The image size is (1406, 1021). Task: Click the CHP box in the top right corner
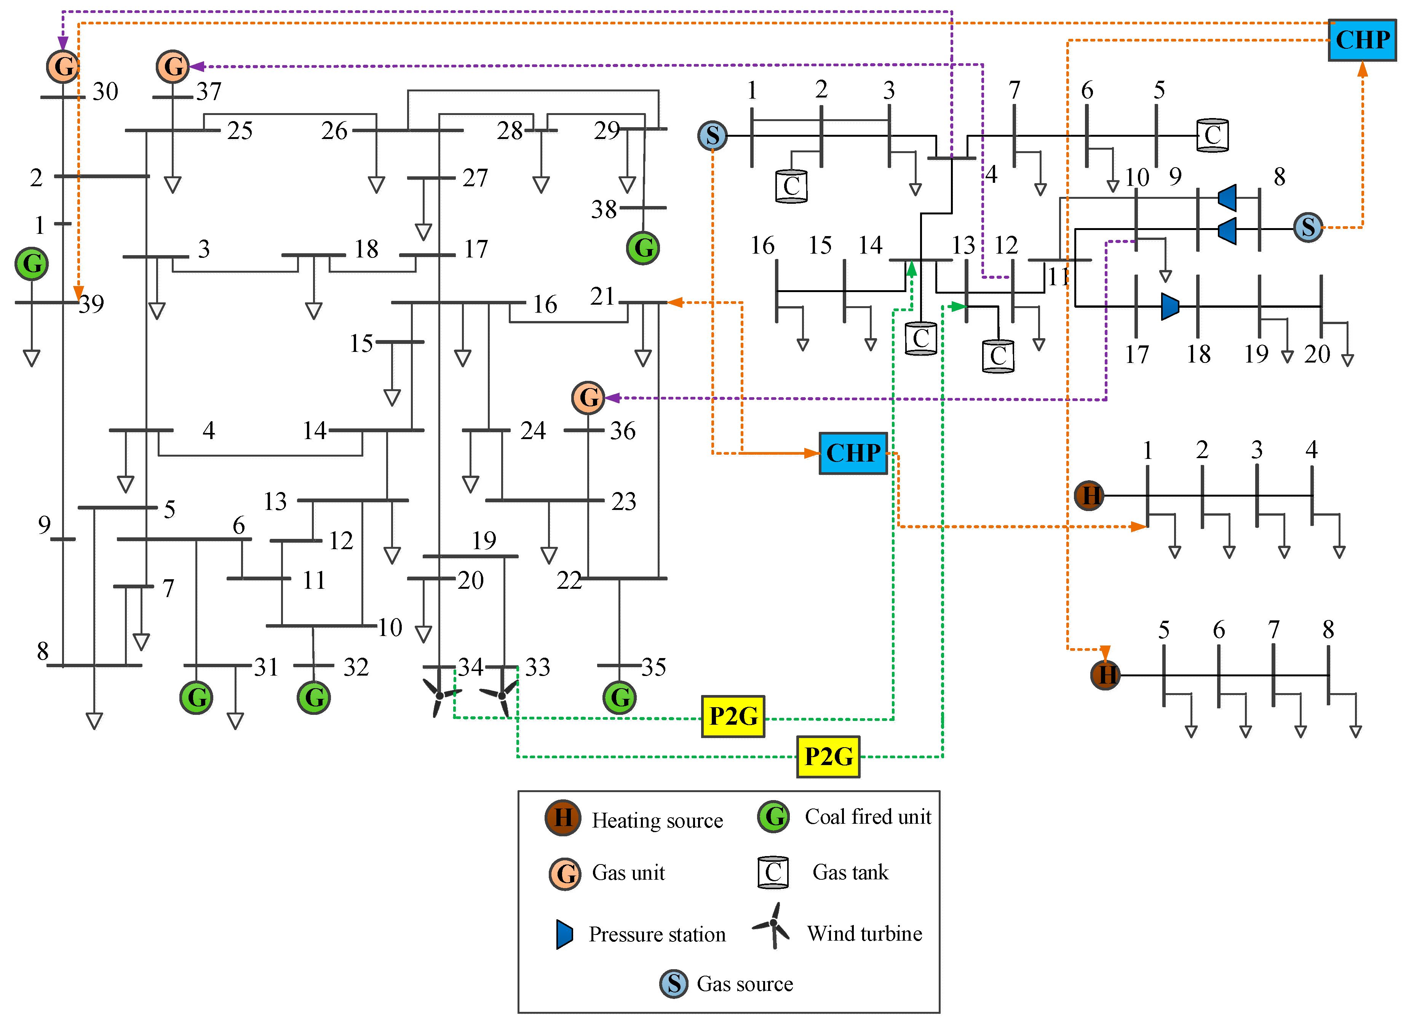tap(1361, 40)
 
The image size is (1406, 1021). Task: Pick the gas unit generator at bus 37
tap(173, 66)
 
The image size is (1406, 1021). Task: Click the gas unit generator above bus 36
tap(588, 397)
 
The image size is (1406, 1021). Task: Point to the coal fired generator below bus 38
tap(643, 248)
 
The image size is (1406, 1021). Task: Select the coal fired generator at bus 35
tap(619, 697)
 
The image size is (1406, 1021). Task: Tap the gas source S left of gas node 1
tap(712, 135)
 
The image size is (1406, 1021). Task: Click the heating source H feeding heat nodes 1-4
tap(1089, 495)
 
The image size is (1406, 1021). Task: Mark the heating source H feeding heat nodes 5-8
tap(1105, 674)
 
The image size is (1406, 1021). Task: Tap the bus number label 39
tap(91, 304)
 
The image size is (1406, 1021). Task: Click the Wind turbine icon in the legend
tap(772, 925)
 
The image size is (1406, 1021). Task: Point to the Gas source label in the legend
tap(745, 984)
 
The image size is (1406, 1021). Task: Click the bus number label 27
tap(475, 178)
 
